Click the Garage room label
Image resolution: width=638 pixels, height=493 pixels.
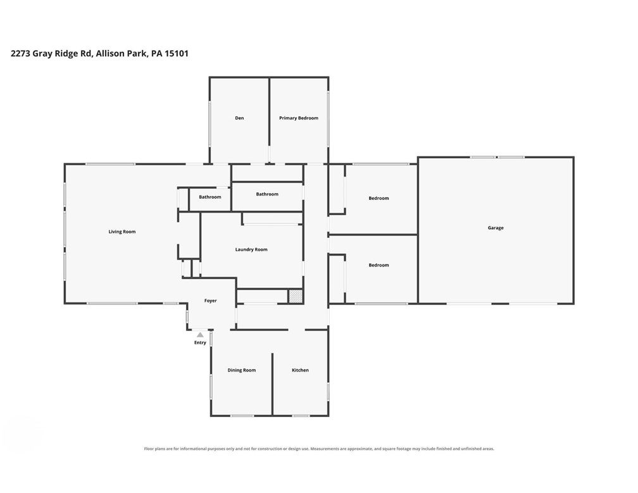496,228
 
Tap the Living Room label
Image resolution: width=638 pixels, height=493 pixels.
122,232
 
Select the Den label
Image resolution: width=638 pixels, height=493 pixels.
239,118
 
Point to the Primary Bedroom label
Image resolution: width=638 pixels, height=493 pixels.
299,118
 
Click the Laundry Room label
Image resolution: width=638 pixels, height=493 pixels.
251,249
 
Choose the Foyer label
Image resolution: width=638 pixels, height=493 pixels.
210,301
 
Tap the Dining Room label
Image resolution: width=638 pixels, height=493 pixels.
242,370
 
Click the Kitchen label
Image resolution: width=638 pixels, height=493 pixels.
300,370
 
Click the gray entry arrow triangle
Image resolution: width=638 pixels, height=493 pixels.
200,335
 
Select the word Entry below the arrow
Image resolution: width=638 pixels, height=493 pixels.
200,342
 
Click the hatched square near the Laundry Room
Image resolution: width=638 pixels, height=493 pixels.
296,296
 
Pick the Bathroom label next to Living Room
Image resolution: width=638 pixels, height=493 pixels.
210,197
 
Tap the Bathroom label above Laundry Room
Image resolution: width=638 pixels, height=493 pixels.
267,194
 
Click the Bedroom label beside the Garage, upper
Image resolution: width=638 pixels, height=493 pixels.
378,198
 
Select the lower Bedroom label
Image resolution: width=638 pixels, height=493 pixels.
378,265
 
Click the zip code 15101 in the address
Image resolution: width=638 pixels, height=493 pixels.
176,53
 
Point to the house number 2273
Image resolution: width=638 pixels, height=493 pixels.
20,53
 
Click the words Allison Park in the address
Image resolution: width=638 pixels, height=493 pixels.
122,53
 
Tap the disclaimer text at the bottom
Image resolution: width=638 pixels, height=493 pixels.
319,449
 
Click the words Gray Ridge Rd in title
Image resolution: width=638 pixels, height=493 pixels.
62,54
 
